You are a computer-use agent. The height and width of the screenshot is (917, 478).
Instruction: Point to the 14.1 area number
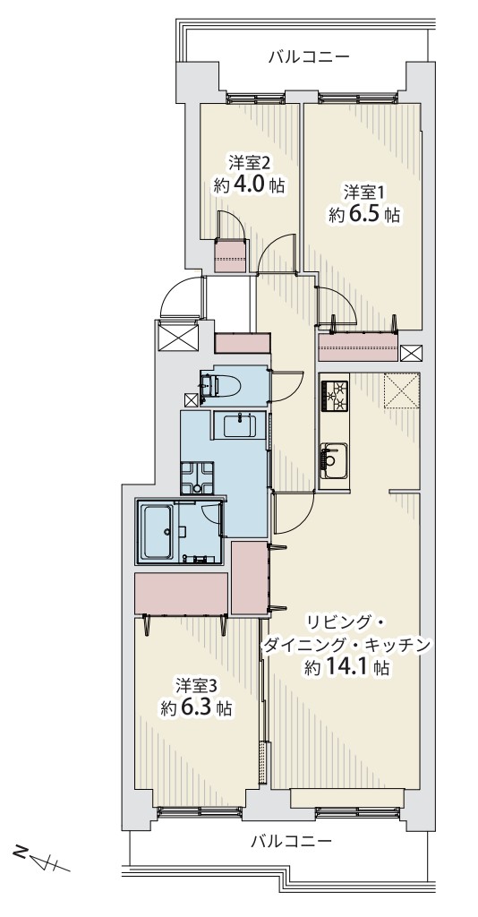[x=353, y=666]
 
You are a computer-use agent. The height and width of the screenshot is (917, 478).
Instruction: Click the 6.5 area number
[x=366, y=215]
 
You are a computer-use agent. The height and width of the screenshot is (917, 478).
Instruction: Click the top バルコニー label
[x=309, y=56]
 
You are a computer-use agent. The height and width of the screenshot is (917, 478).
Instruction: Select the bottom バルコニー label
[x=292, y=842]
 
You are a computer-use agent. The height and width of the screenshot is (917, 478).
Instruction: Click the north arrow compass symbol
[x=42, y=858]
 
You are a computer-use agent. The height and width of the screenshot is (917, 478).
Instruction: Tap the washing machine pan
[x=197, y=478]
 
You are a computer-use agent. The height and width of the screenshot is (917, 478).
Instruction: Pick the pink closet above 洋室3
[x=181, y=594]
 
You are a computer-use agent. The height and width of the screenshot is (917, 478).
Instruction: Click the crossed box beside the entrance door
[x=179, y=337]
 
